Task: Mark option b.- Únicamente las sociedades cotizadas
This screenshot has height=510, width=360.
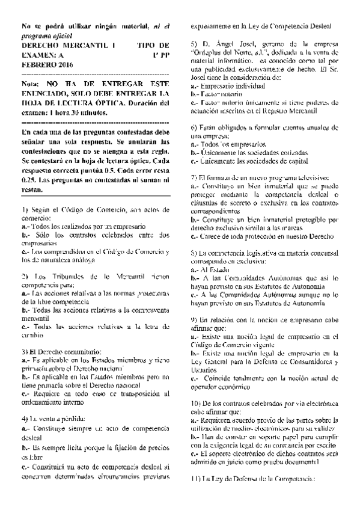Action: (x=247, y=153)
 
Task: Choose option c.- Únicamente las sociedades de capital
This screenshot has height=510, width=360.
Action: (x=249, y=162)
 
